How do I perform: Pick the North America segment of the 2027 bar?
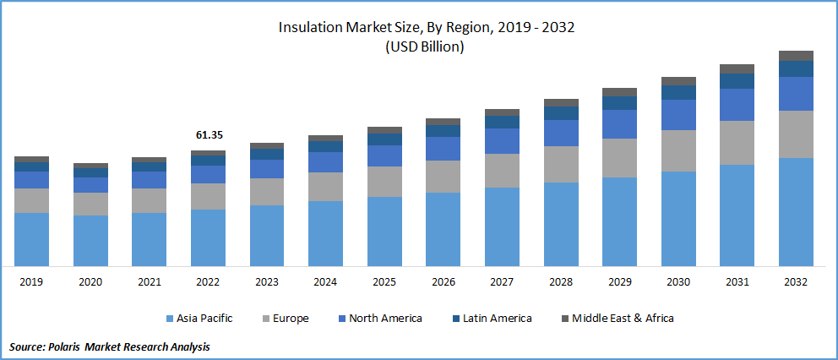(502, 140)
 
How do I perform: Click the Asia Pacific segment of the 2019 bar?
(31, 239)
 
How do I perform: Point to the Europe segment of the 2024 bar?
(325, 186)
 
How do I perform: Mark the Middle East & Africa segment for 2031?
(737, 68)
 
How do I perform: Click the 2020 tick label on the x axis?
(90, 281)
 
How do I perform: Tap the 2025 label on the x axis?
(384, 281)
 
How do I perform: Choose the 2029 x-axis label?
(619, 281)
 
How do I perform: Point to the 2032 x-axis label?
(796, 281)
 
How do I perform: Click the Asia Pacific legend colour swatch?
(169, 319)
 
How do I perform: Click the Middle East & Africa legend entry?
(623, 319)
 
